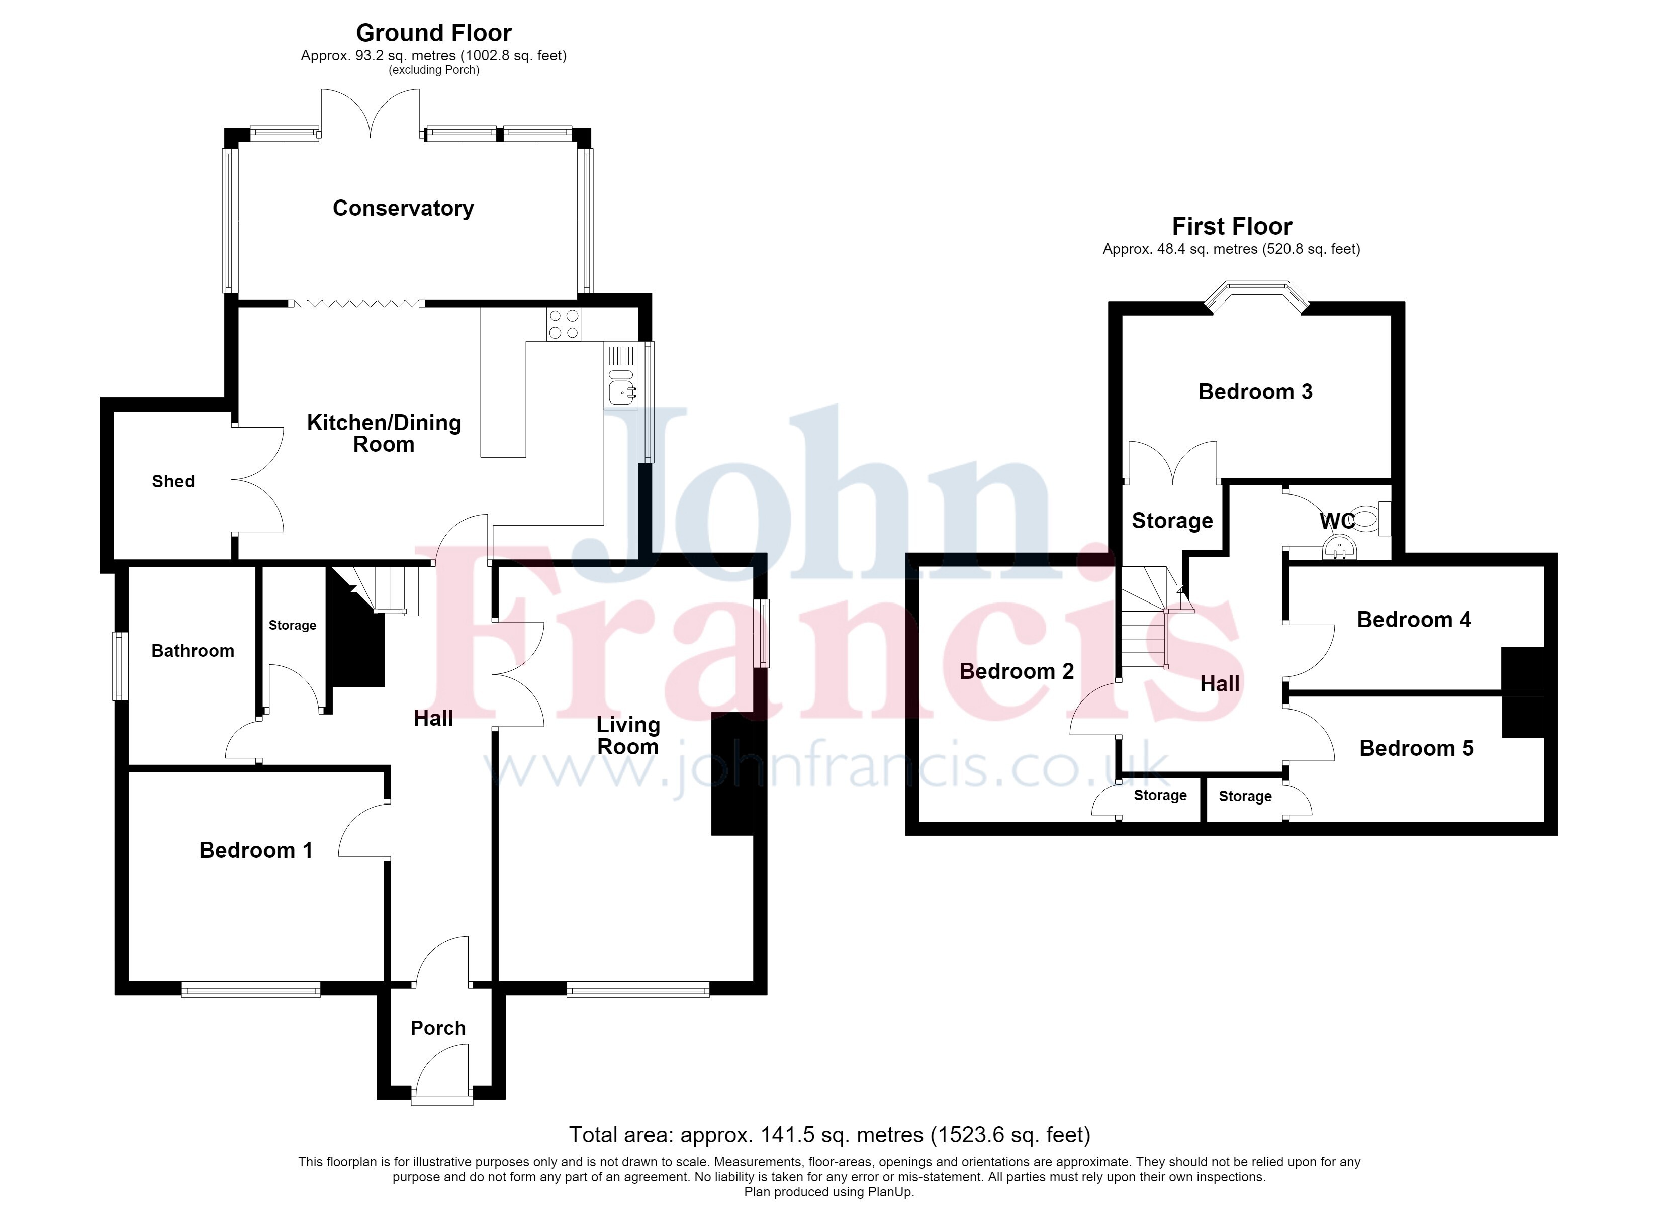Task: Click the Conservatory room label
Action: [403, 209]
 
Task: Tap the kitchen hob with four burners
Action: [563, 324]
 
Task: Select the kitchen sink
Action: [621, 387]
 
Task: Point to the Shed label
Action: [173, 481]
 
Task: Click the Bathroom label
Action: [193, 651]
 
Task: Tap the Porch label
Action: [438, 1028]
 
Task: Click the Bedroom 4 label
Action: [1414, 620]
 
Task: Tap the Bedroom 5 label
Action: [1416, 748]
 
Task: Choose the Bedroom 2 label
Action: [1017, 671]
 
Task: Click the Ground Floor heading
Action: [434, 33]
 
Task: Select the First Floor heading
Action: [1232, 226]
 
